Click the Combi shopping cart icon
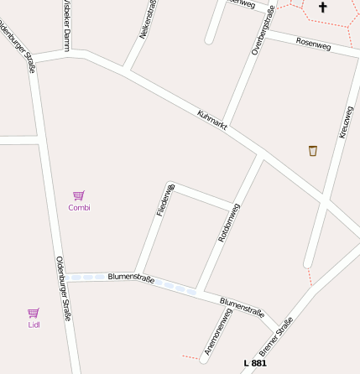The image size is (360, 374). pyautogui.click(x=79, y=195)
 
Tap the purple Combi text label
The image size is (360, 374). pyautogui.click(x=79, y=207)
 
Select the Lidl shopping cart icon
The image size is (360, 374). pyautogui.click(x=34, y=313)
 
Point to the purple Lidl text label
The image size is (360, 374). pyautogui.click(x=34, y=325)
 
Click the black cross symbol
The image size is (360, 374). pyautogui.click(x=322, y=8)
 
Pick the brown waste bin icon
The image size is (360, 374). pyautogui.click(x=313, y=151)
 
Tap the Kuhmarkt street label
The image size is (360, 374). pyautogui.click(x=212, y=119)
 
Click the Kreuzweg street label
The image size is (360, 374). pyautogui.click(x=346, y=122)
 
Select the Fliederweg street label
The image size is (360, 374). pyautogui.click(x=165, y=200)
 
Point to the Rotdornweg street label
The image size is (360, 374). pyautogui.click(x=229, y=222)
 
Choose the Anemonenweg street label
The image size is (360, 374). pyautogui.click(x=217, y=330)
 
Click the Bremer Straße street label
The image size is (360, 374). pyautogui.click(x=276, y=335)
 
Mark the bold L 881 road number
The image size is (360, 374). pyautogui.click(x=255, y=363)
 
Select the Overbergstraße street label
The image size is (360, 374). pyautogui.click(x=263, y=30)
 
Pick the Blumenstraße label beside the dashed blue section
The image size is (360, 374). pyautogui.click(x=131, y=278)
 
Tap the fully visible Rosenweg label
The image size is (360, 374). pyautogui.click(x=314, y=44)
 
